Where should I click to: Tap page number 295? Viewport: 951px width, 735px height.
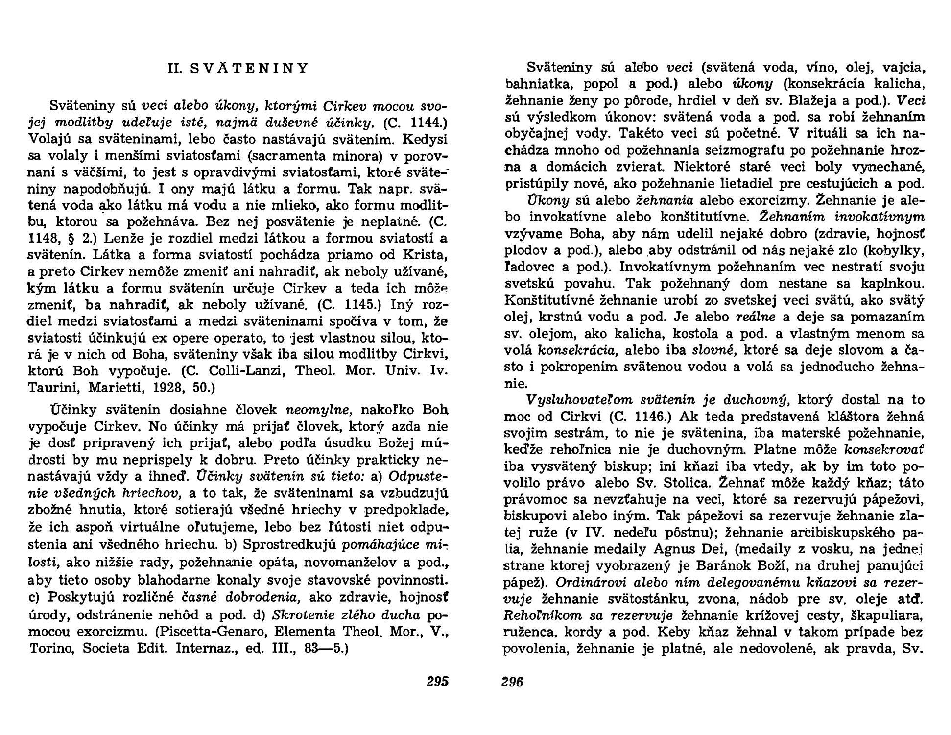tap(437, 682)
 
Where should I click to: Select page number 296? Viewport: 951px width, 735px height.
tap(512, 682)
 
